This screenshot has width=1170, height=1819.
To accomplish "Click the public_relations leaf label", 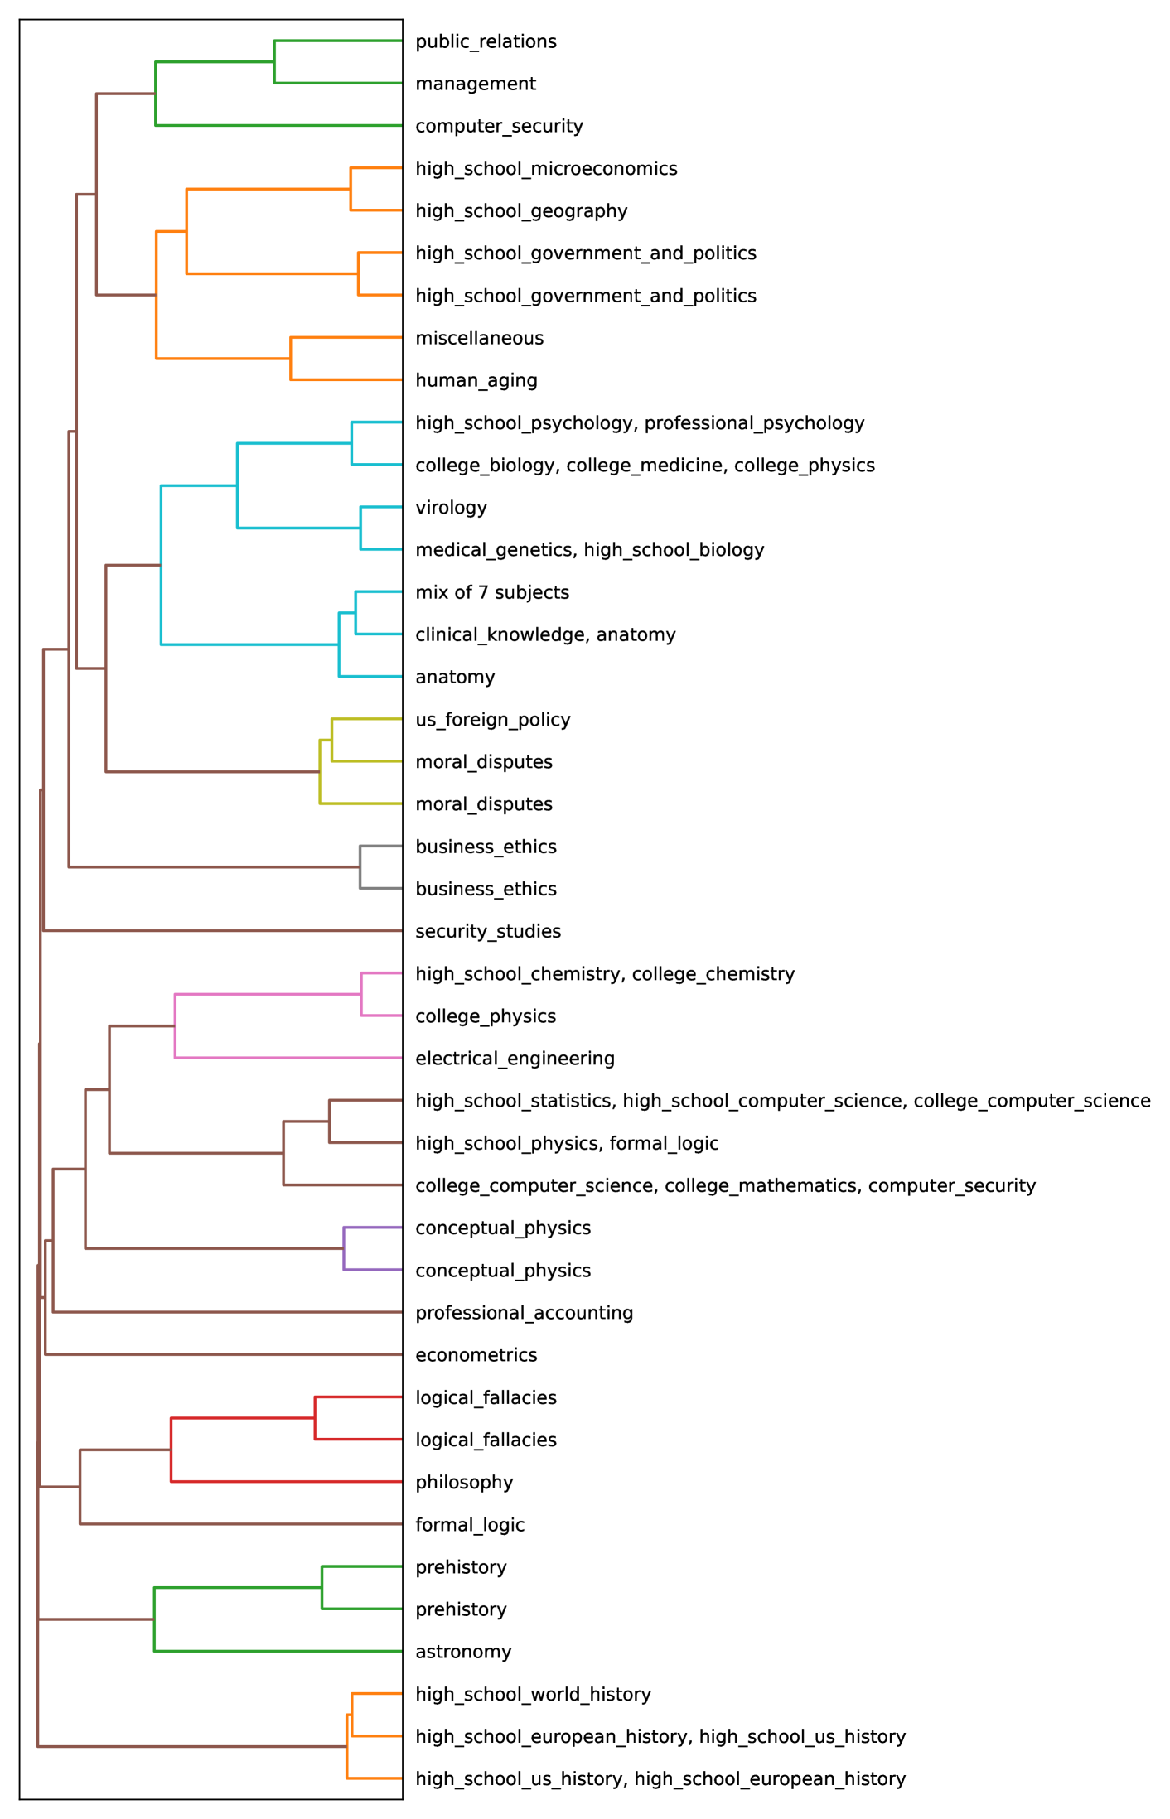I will tap(486, 41).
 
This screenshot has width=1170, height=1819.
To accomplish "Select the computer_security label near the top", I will tap(499, 126).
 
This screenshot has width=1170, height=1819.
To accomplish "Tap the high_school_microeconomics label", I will tap(546, 169).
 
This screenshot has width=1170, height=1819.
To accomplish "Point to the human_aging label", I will tap(476, 380).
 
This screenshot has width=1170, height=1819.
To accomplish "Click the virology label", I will tap(451, 508).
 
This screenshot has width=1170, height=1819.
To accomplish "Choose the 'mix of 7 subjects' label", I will tap(492, 592).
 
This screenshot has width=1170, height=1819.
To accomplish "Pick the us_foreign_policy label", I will tap(493, 720).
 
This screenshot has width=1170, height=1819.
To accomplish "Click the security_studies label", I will tap(488, 932).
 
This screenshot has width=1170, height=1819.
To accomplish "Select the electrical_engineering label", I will tap(515, 1059).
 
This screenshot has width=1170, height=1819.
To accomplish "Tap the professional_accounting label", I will tap(524, 1313).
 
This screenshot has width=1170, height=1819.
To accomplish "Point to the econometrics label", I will tap(476, 1355).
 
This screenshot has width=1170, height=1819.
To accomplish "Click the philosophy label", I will tap(464, 1483).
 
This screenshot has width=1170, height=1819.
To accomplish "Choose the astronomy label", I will tap(463, 1652).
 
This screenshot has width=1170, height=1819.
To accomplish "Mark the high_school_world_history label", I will tap(533, 1695).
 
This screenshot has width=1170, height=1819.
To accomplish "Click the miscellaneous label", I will tap(480, 338).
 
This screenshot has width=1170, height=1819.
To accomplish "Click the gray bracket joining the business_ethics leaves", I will tap(360, 867).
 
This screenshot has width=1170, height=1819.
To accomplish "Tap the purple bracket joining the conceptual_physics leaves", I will tap(344, 1249).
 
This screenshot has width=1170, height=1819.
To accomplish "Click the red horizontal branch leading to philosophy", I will tap(286, 1482).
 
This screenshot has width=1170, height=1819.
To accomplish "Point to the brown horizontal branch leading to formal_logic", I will tap(240, 1524).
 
